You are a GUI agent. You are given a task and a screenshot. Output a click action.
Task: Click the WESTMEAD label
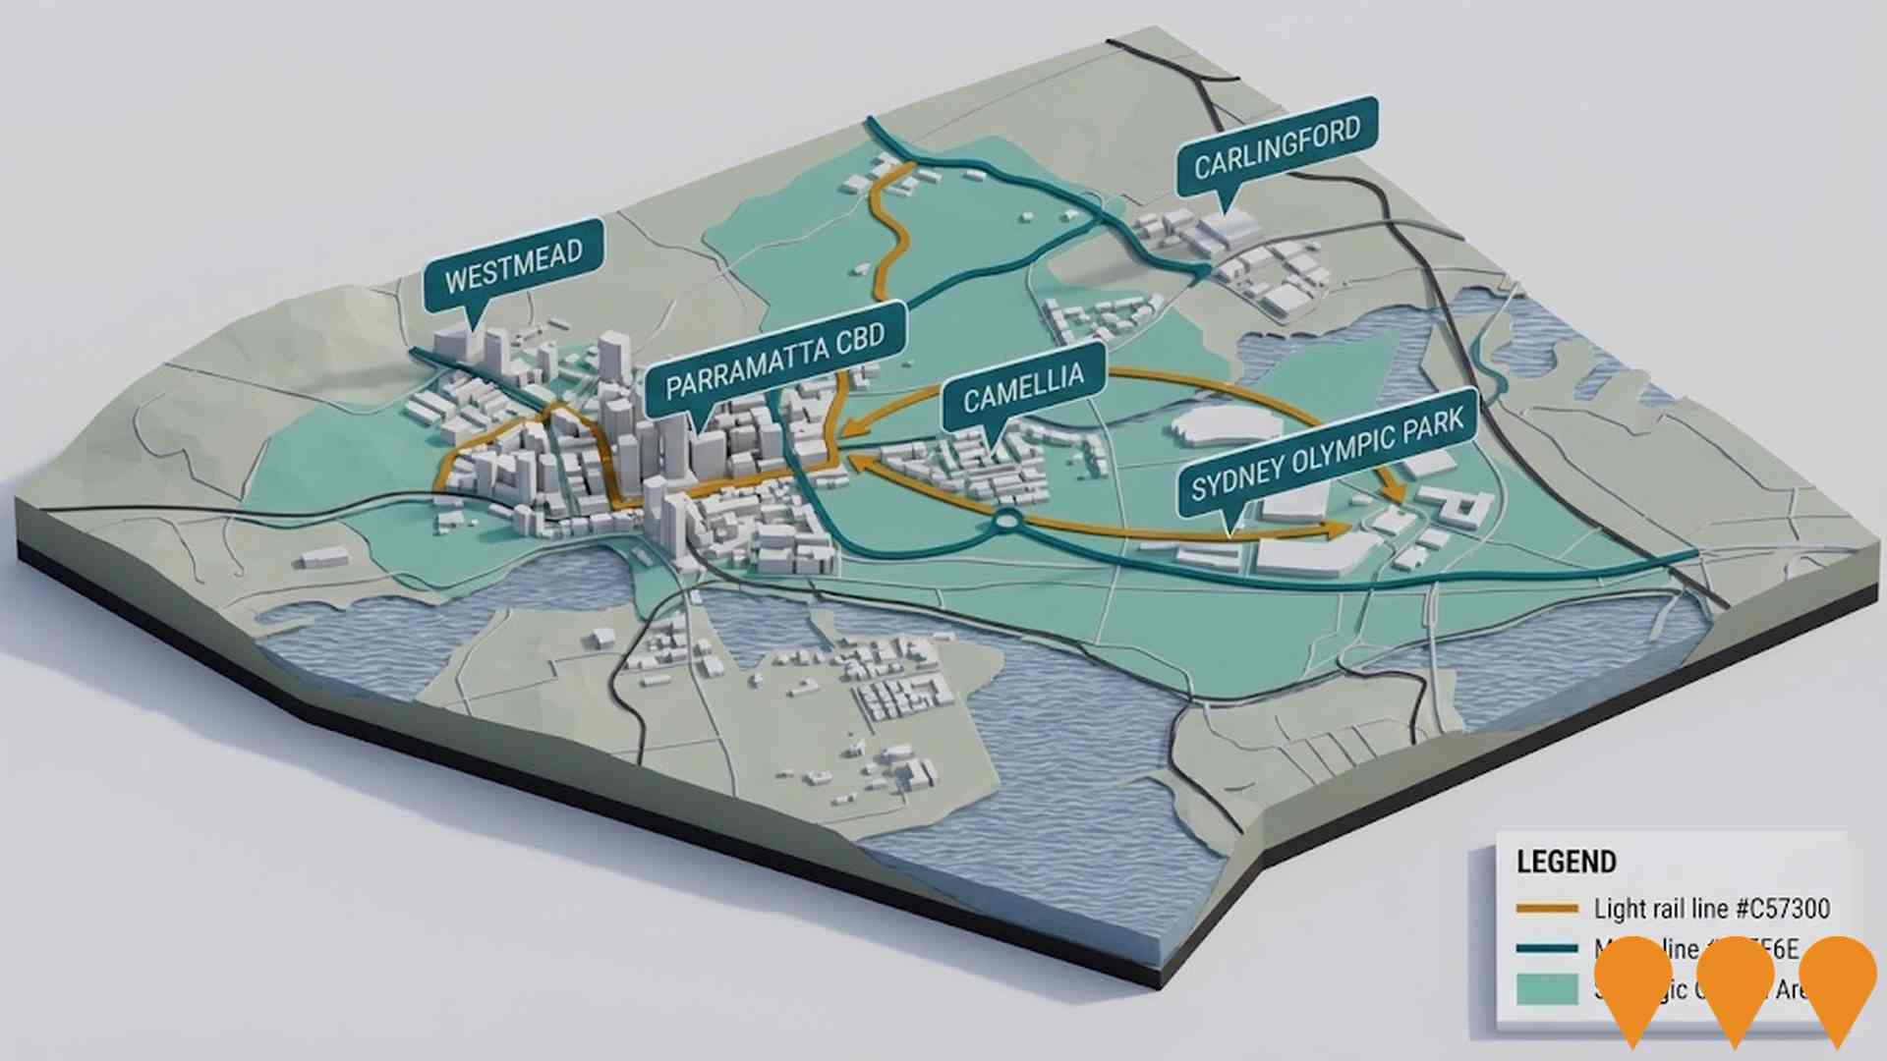513,264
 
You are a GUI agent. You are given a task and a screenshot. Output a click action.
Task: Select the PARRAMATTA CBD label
774,364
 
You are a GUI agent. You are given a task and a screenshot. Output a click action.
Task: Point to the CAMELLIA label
1023,387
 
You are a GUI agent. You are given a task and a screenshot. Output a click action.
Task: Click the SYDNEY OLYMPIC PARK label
1327,455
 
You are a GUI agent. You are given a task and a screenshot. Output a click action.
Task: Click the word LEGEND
1566,862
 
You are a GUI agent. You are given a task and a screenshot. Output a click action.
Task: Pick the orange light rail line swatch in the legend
1547,909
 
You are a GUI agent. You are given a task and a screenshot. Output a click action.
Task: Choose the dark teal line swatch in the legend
1547,949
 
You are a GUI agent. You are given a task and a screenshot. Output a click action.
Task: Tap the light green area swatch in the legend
1547,988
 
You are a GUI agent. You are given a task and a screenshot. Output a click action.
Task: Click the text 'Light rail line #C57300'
1711,909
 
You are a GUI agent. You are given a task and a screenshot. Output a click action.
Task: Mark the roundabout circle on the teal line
1007,521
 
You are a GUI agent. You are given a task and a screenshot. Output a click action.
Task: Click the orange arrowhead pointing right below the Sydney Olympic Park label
1339,530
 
